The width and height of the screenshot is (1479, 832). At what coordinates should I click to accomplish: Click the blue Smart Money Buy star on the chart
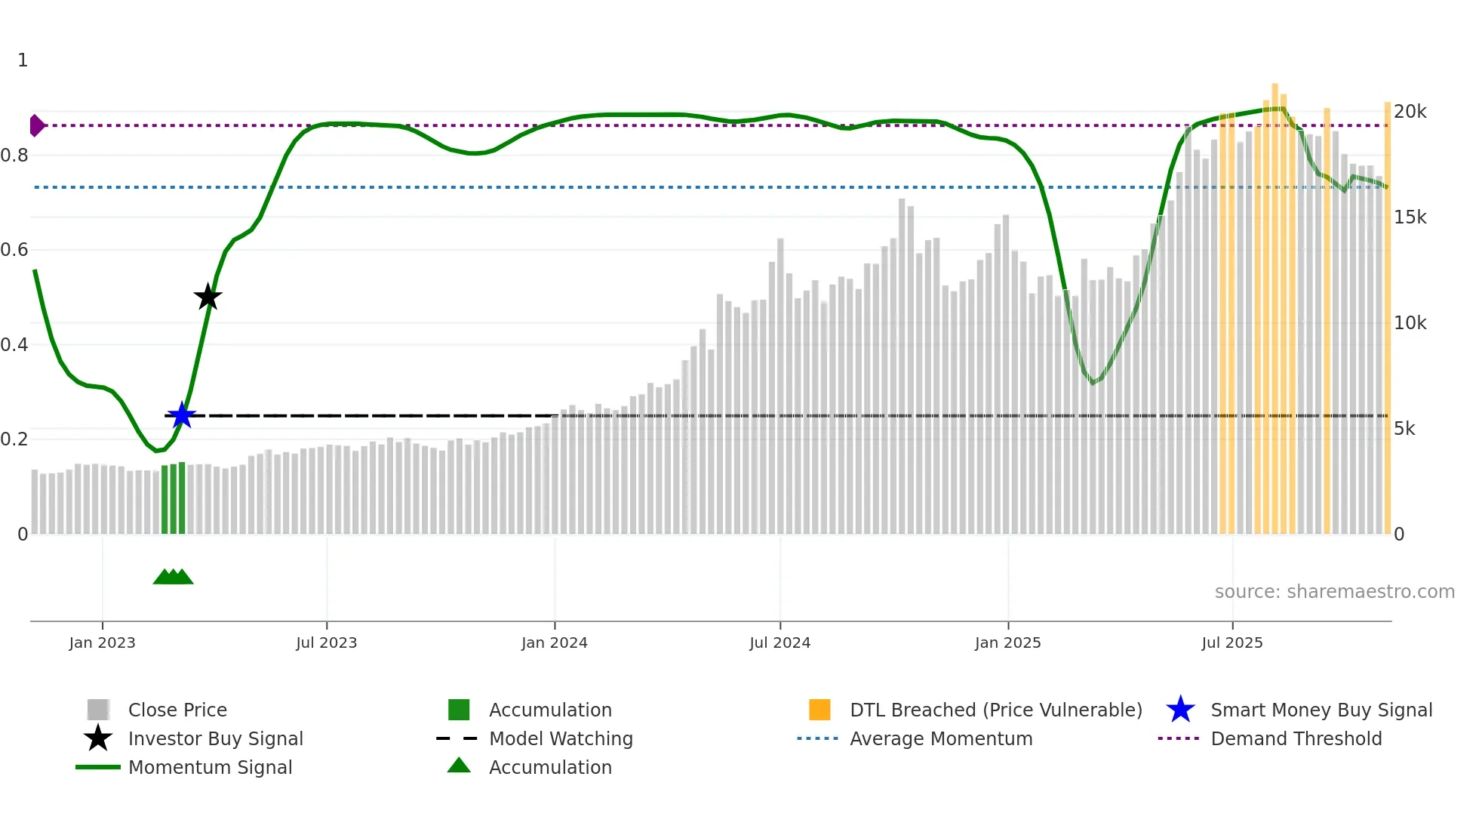pyautogui.click(x=182, y=415)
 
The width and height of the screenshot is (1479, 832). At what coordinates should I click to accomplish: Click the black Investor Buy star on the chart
pyautogui.click(x=208, y=297)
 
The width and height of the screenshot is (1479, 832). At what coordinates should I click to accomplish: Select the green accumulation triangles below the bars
pyautogui.click(x=173, y=577)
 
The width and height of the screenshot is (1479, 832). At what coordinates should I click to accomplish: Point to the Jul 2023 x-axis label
pyautogui.click(x=326, y=642)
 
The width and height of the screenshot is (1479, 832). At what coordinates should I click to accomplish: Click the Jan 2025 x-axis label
pyautogui.click(x=1007, y=642)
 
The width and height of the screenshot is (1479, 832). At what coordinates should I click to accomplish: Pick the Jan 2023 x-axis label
pyautogui.click(x=102, y=642)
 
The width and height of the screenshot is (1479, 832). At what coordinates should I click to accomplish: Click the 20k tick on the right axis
pyautogui.click(x=1410, y=112)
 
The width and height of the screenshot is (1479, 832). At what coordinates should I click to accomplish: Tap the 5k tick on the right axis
pyautogui.click(x=1404, y=429)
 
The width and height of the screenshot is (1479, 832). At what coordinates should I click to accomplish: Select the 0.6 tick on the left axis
pyautogui.click(x=15, y=250)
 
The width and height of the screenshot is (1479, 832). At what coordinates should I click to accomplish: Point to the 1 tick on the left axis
pyautogui.click(x=23, y=60)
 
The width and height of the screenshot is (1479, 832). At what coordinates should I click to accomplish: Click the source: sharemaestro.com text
pyautogui.click(x=1334, y=591)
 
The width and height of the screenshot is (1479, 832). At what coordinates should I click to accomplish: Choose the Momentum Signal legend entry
pyautogui.click(x=210, y=767)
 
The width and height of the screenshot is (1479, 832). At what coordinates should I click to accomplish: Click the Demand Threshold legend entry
pyautogui.click(x=1296, y=738)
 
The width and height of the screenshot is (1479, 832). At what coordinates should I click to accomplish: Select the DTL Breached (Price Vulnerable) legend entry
pyautogui.click(x=995, y=710)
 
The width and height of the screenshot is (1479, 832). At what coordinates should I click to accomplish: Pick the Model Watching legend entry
pyautogui.click(x=560, y=738)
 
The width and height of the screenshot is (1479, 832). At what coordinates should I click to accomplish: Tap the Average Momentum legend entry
pyautogui.click(x=940, y=738)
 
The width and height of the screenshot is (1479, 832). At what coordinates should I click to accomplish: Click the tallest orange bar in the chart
pyautogui.click(x=1275, y=310)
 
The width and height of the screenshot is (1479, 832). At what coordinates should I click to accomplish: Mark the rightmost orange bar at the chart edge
pyautogui.click(x=1387, y=317)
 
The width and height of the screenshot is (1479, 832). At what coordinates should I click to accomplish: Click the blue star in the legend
pyautogui.click(x=1180, y=710)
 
